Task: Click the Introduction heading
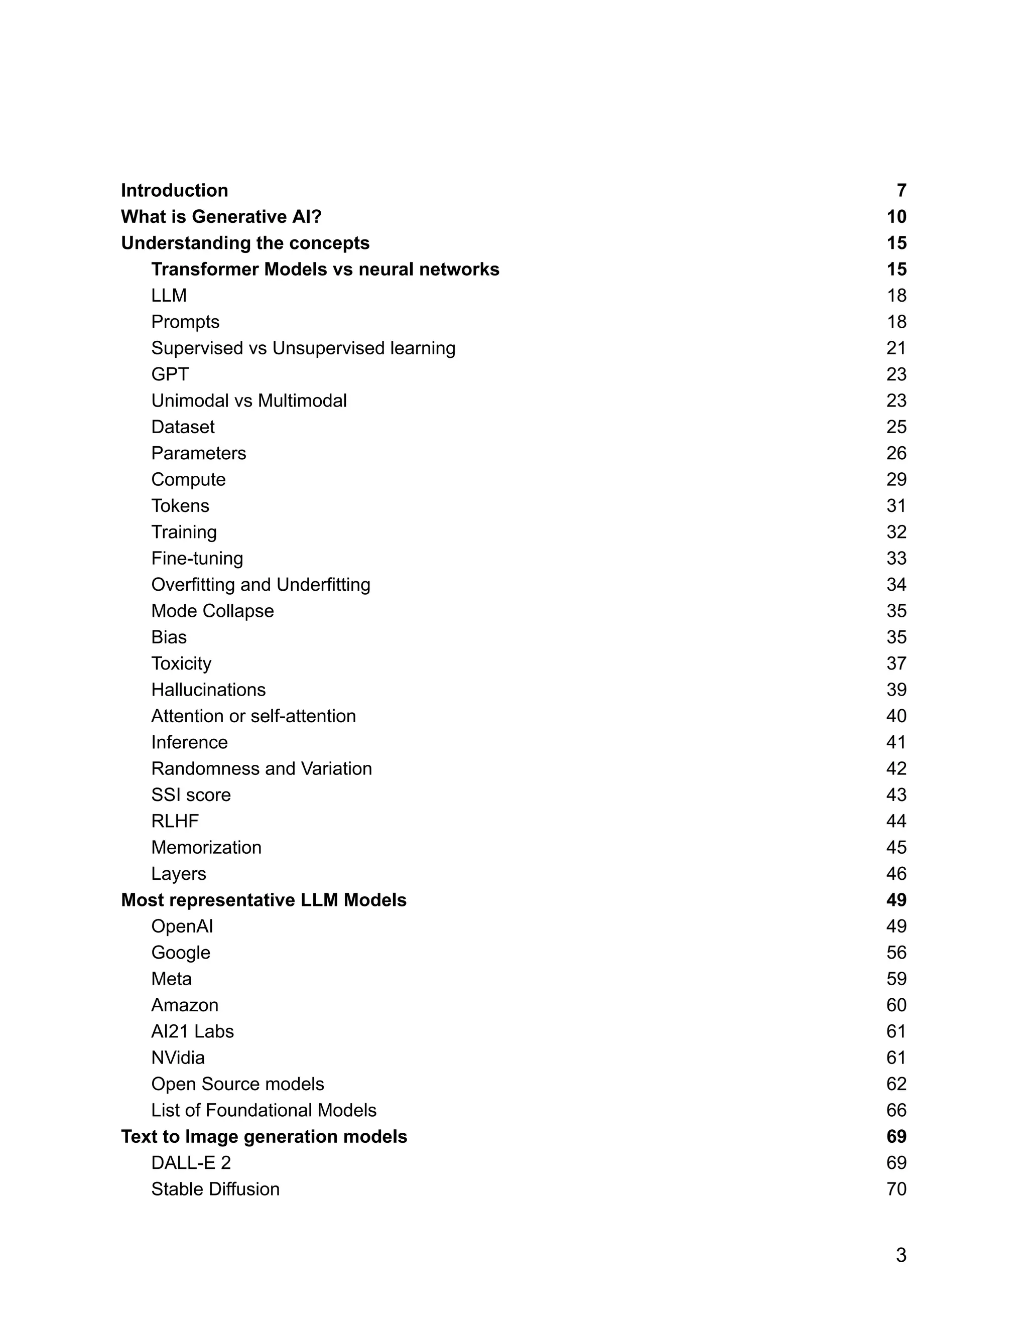[174, 191]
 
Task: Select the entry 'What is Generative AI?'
[221, 217]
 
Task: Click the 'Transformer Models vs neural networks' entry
[325, 269]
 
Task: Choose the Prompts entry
[185, 322]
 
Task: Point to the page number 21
[896, 348]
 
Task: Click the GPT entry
[170, 374]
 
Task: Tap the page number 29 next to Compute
[896, 479]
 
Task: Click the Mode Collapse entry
[212, 611]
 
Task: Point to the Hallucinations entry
[208, 690]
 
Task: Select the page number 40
[896, 716]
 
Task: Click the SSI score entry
[191, 794]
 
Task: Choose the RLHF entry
[175, 821]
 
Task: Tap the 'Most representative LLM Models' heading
[264, 900]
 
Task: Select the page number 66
[896, 1110]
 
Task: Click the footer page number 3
[901, 1255]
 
